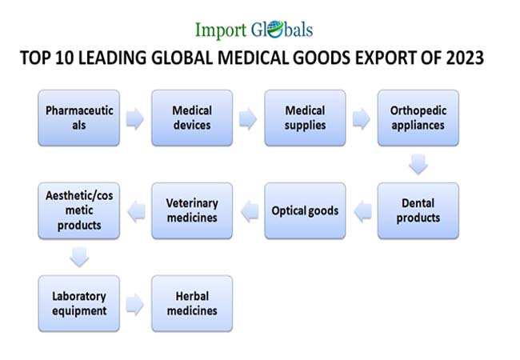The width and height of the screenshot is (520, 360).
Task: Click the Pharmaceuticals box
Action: tap(79, 118)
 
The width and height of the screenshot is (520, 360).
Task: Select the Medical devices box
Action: tap(192, 118)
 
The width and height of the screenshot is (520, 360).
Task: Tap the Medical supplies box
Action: tap(305, 118)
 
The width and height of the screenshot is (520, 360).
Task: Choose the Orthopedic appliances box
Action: tap(418, 118)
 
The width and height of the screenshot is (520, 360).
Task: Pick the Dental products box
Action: tap(418, 210)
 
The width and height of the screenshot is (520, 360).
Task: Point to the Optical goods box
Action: tap(305, 210)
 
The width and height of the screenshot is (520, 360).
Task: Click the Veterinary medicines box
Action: tap(192, 210)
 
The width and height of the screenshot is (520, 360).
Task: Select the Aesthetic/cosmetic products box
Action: tap(79, 210)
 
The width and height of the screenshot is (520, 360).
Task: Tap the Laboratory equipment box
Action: tap(79, 303)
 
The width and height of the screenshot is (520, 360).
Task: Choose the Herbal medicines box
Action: tap(192, 303)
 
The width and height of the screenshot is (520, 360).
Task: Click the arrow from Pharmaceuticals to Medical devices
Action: tap(135, 119)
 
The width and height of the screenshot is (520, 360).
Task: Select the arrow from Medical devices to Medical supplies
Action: tap(248, 119)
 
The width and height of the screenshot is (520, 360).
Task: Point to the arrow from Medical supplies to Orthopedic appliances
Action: tap(362, 119)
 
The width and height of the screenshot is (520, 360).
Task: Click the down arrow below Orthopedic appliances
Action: tap(418, 165)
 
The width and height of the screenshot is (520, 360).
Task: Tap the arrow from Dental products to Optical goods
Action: tap(362, 211)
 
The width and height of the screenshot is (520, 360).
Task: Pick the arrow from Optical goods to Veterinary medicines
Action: tap(248, 211)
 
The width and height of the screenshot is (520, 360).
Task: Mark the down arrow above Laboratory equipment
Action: tap(79, 257)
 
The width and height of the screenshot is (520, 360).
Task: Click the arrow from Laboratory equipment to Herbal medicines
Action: tap(135, 304)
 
